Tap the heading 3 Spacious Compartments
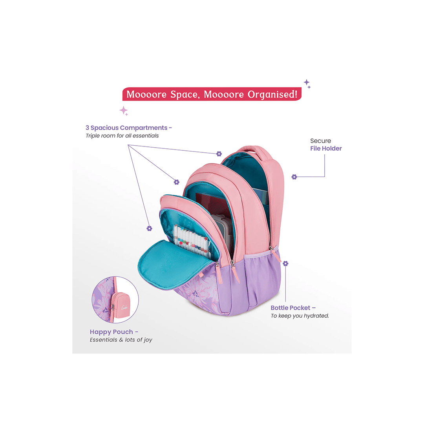pyautogui.click(x=129, y=128)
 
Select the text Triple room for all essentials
pyautogui.click(x=122, y=136)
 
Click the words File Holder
pyautogui.click(x=326, y=148)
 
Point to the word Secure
pyautogui.click(x=320, y=141)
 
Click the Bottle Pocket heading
pyautogui.click(x=293, y=308)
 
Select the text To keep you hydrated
pyautogui.click(x=300, y=316)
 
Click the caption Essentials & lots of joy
pyautogui.click(x=121, y=340)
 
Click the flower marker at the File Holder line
pyautogui.click(x=294, y=177)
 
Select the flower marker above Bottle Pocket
pyautogui.click(x=285, y=263)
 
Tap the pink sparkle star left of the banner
pyautogui.click(x=124, y=111)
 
